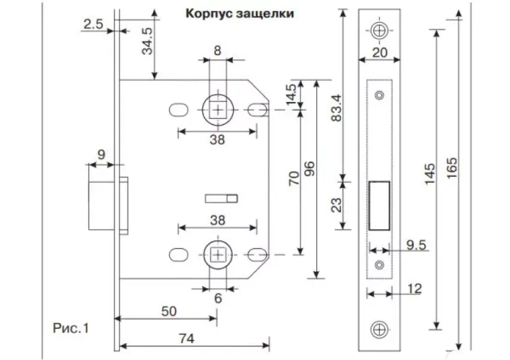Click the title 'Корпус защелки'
(239, 13)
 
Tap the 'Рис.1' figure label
(71, 328)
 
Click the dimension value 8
(217, 51)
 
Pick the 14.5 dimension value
(292, 95)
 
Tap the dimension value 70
(294, 179)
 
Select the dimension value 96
(310, 178)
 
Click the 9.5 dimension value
(415, 244)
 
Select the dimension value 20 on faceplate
(379, 52)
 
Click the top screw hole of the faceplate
(379, 30)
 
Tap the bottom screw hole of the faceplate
(379, 328)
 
